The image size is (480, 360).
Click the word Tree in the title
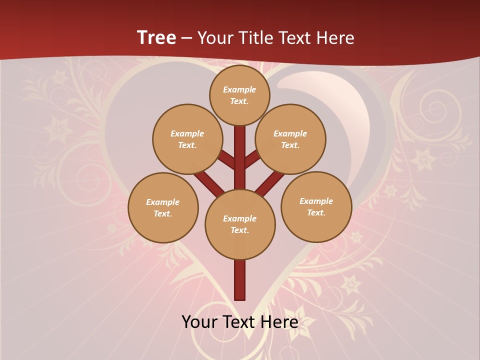tap(156, 38)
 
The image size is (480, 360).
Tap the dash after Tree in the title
tap(186, 38)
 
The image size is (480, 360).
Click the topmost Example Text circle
tap(239, 95)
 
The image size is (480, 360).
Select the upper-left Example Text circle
tap(187, 139)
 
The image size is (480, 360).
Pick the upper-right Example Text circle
tap(290, 139)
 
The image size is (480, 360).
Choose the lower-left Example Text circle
tap(163, 207)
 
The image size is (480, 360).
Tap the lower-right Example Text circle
tap(316, 206)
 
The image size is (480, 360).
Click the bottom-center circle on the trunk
tap(240, 224)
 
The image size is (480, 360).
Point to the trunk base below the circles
tap(240, 280)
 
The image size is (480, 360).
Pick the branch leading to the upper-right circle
tap(252, 159)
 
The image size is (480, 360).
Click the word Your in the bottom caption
tap(199, 322)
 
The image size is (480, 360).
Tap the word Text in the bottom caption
tap(239, 322)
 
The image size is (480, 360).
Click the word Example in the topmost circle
tap(239, 89)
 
